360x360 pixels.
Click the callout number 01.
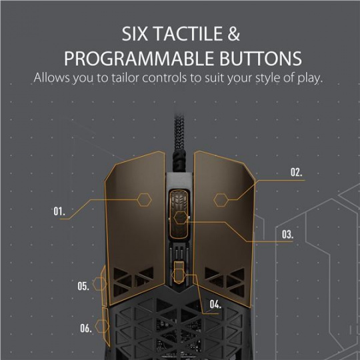tap(59, 211)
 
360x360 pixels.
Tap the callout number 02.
tap(297, 172)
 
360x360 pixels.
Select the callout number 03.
tap(287, 235)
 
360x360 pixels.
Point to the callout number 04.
tap(215, 304)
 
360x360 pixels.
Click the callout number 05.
tap(83, 286)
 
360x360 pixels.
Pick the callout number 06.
tap(86, 328)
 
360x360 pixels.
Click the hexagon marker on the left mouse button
tap(145, 200)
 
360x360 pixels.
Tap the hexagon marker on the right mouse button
tap(221, 200)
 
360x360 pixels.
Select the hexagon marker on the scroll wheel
tap(181, 217)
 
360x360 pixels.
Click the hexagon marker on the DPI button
tap(179, 275)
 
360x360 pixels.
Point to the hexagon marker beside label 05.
tap(99, 284)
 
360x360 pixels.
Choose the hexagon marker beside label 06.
tap(102, 326)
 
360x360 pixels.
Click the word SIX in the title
tap(135, 34)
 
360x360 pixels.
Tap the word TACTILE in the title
tap(189, 34)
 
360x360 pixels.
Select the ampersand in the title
tap(234, 34)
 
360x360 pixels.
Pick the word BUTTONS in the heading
tap(261, 58)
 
